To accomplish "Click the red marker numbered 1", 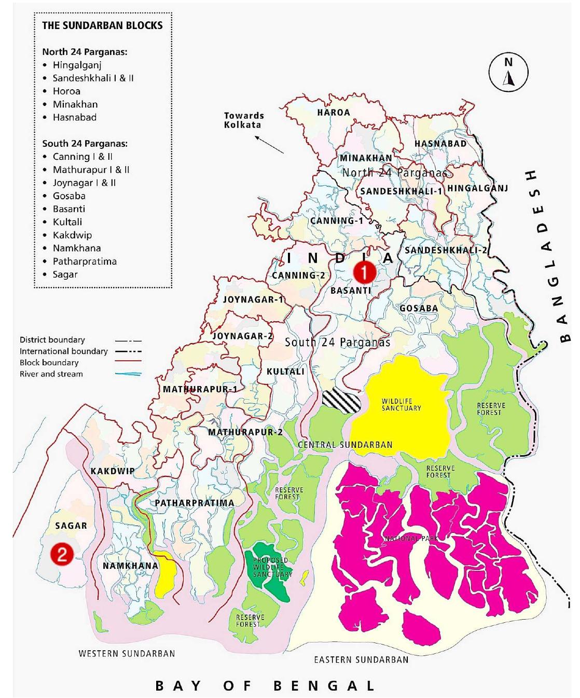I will point(364,271).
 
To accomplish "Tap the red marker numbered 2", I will point(61,555).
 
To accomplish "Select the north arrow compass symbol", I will point(508,73).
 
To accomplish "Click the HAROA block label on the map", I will point(334,112).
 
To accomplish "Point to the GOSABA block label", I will point(419,308).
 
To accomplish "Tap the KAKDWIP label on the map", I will point(113,471).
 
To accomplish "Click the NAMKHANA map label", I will point(130,566).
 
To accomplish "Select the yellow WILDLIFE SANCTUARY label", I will point(401,405).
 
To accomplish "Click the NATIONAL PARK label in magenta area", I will point(411,539).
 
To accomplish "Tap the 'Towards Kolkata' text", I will point(244,120).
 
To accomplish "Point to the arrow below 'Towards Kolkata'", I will point(270,144).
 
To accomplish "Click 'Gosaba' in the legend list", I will point(69,196).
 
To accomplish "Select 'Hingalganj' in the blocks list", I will point(77,65).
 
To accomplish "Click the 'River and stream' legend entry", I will point(51,374).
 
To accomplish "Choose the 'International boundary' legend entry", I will point(63,351).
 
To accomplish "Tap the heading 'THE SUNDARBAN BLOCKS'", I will point(102,25).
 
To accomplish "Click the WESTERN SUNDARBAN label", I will point(127,653).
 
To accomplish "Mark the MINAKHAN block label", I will point(366,158).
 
